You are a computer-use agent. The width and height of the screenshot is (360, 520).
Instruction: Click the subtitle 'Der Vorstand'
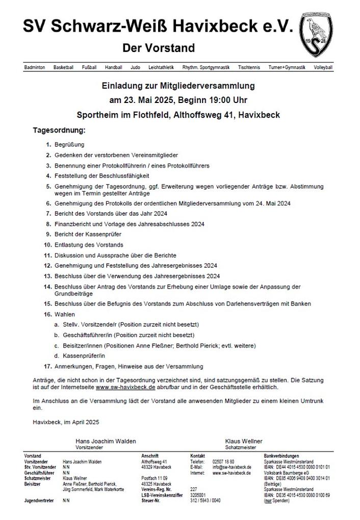pyautogui.click(x=159, y=48)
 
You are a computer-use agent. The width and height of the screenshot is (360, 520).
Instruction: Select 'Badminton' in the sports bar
pyautogui.click(x=35, y=67)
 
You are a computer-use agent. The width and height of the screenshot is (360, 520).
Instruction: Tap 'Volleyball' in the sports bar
pyautogui.click(x=323, y=67)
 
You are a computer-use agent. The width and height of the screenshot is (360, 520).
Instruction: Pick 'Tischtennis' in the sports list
pyautogui.click(x=248, y=67)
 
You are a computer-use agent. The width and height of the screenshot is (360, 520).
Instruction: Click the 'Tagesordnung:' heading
pyautogui.click(x=59, y=131)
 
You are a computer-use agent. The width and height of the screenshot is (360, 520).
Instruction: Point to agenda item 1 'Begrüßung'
pyautogui.click(x=69, y=145)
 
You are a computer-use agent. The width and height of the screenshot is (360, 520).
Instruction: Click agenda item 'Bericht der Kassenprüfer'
pyautogui.click(x=88, y=235)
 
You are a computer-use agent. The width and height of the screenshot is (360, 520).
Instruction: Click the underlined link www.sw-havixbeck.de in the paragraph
pyautogui.click(x=125, y=387)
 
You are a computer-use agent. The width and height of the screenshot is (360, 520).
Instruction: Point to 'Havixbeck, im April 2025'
pyautogui.click(x=65, y=422)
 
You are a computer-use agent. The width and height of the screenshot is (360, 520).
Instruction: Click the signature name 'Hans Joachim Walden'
pyautogui.click(x=106, y=441)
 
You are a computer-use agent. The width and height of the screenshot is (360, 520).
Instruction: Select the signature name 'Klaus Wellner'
pyautogui.click(x=244, y=441)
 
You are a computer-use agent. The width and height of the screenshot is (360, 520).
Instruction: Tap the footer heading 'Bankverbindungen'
pyautogui.click(x=281, y=456)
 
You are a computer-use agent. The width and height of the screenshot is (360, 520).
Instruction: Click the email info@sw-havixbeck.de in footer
pyautogui.click(x=231, y=467)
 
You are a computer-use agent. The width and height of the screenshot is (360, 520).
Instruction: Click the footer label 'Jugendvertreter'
pyautogui.click(x=39, y=501)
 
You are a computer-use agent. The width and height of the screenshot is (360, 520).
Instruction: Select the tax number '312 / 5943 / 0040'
pyautogui.click(x=205, y=501)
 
